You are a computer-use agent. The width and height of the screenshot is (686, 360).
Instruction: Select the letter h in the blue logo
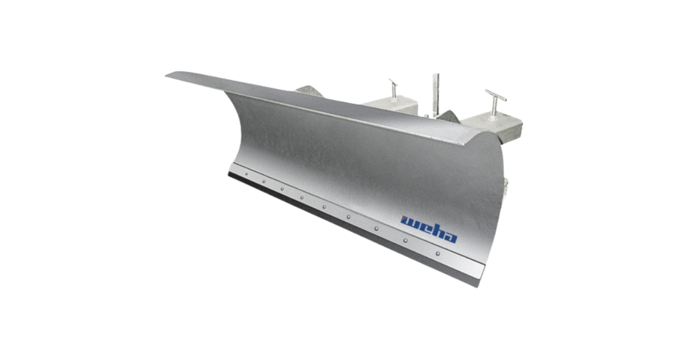436,231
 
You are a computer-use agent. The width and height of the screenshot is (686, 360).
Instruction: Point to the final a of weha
449,237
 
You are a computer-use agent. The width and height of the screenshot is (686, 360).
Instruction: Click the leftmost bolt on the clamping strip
246,174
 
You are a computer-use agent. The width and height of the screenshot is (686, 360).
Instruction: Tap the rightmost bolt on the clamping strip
438,254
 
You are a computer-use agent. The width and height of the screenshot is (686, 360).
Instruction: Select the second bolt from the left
264,182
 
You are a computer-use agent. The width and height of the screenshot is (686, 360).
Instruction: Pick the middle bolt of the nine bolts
324,207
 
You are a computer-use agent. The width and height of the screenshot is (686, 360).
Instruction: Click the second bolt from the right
405,241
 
